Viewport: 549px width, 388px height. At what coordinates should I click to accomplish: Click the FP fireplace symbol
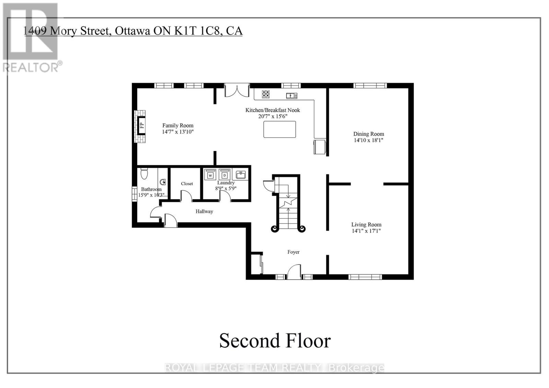(141, 125)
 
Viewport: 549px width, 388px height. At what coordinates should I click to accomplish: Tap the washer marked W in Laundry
(210, 175)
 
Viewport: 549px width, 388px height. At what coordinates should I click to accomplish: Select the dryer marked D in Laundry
(224, 175)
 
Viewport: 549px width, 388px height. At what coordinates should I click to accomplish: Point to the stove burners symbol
(266, 94)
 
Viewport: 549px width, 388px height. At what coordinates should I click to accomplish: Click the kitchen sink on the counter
(291, 96)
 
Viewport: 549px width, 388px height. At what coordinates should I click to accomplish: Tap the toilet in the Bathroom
(144, 174)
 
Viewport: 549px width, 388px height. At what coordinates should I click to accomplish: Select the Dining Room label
(369, 134)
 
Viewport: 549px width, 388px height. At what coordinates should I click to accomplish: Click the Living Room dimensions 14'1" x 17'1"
(366, 231)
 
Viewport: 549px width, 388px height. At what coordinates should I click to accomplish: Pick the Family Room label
(178, 125)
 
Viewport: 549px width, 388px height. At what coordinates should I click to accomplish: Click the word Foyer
(293, 252)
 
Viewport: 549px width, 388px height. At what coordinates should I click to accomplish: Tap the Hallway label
(204, 211)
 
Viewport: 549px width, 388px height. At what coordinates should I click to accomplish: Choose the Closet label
(187, 184)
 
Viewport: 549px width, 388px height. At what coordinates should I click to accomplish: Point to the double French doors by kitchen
(237, 90)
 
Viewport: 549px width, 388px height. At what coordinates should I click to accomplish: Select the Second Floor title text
(275, 341)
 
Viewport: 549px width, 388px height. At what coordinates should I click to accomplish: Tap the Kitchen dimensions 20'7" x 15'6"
(272, 116)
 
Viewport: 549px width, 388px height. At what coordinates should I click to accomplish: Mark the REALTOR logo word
(31, 67)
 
